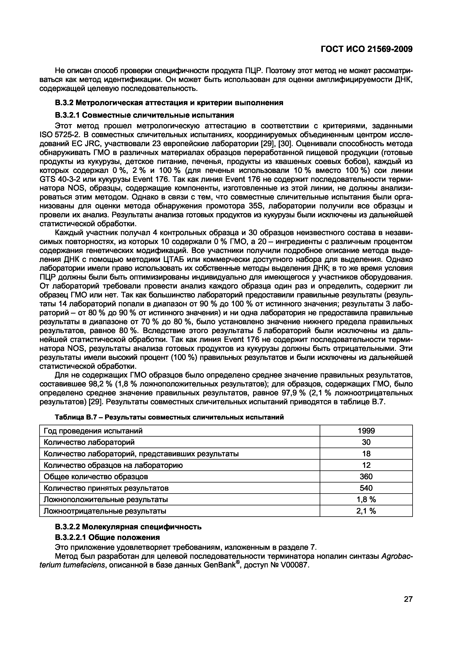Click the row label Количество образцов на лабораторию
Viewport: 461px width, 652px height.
coord(113,465)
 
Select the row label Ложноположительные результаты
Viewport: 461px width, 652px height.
coord(106,500)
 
